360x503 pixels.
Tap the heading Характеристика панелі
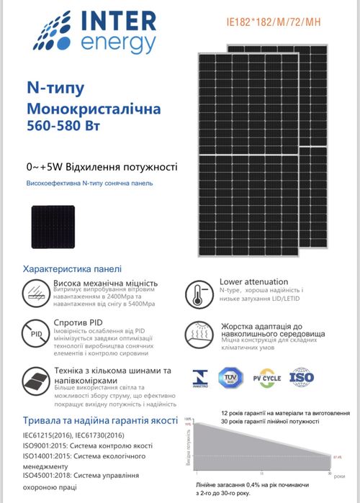click(73, 268)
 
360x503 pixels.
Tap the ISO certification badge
click(302, 376)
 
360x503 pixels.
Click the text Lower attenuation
click(253, 281)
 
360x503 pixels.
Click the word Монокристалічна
click(94, 109)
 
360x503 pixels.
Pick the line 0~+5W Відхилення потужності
click(101, 167)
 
